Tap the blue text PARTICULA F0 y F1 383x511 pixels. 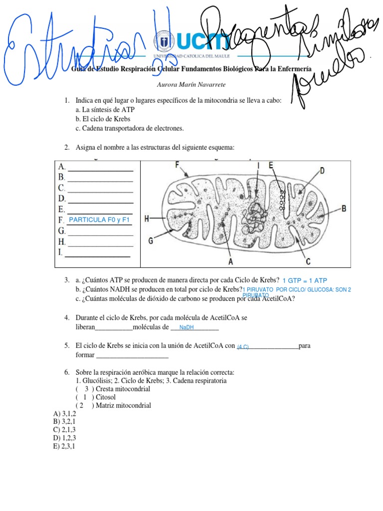[99, 220]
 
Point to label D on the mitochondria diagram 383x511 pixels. [322, 171]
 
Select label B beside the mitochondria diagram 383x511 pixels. [343, 209]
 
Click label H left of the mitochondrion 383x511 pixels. [147, 218]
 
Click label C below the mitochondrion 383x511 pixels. [308, 260]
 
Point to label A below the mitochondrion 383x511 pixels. [231, 260]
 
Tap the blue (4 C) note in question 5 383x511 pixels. [243, 346]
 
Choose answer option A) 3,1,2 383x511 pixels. [64, 414]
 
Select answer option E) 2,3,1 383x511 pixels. [64, 446]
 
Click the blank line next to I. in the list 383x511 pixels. [98, 256]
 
